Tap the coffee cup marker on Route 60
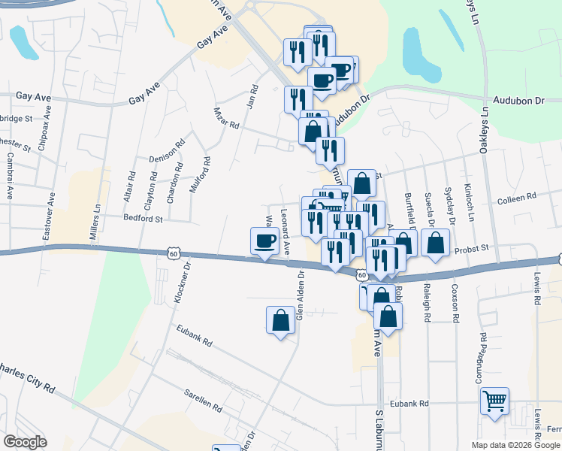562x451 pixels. (264, 241)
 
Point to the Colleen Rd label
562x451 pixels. (517, 196)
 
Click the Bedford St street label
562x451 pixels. (144, 219)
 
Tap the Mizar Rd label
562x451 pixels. (225, 117)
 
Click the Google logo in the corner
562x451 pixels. (25, 442)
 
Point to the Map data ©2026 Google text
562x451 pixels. (515, 445)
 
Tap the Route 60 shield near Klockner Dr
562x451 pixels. (174, 254)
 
